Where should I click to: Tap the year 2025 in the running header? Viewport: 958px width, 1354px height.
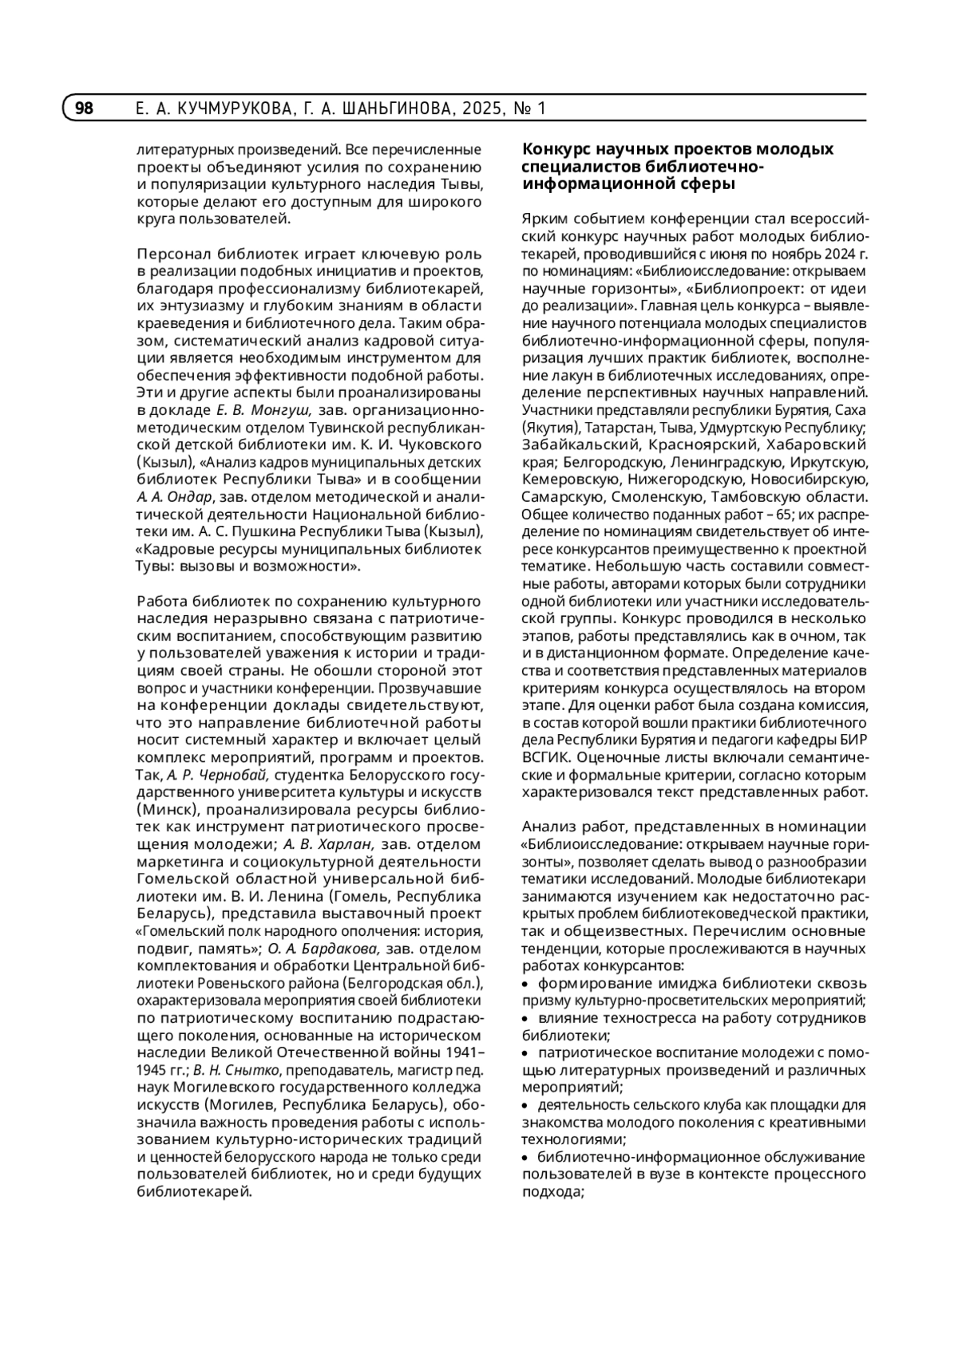477,109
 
